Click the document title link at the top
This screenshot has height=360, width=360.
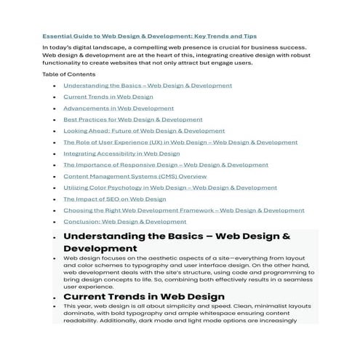pyautogui.click(x=149, y=36)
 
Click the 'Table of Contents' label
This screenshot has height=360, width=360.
pyautogui.click(x=68, y=74)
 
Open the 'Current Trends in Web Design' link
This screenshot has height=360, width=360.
pyautogui.click(x=108, y=97)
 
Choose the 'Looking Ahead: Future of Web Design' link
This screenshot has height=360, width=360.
pyautogui.click(x=134, y=131)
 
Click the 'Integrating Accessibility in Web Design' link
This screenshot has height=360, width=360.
pyautogui.click(x=121, y=153)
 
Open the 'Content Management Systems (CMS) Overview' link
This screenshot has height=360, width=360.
pyautogui.click(x=135, y=176)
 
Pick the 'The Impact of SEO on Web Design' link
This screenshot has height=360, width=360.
pyautogui.click(x=114, y=199)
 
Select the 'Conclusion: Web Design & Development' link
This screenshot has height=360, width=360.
pyautogui.click(x=124, y=221)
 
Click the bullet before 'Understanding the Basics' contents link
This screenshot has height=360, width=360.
pyautogui.click(x=55, y=86)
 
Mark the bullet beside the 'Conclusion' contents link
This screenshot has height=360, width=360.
pyautogui.click(x=55, y=222)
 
